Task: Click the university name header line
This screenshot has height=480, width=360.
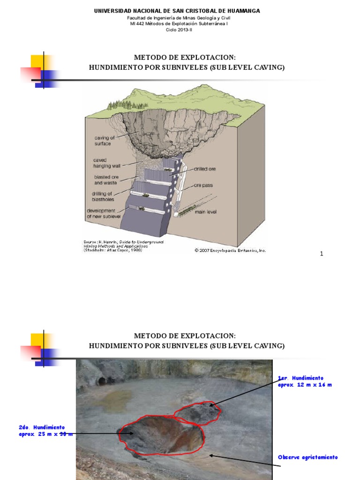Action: tap(177, 11)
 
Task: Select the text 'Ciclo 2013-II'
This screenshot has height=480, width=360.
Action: tap(179, 30)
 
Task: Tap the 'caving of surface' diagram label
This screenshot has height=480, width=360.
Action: tap(104, 141)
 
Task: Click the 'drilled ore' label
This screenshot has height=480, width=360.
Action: tap(202, 169)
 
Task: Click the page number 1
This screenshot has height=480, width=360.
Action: tap(322, 254)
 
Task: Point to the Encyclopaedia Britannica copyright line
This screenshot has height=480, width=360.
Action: tap(230, 250)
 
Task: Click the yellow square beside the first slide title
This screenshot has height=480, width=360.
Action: tap(37, 62)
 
